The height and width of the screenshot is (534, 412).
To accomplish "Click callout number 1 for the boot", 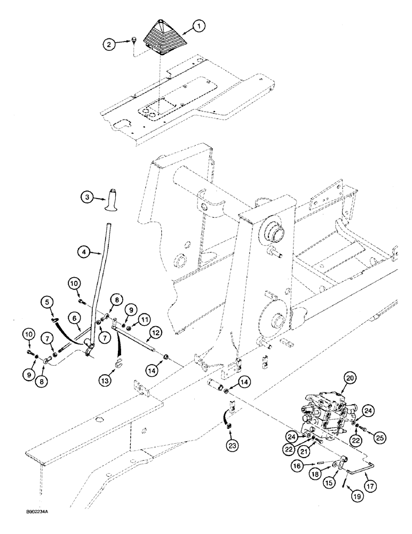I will pyautogui.click(x=199, y=25).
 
